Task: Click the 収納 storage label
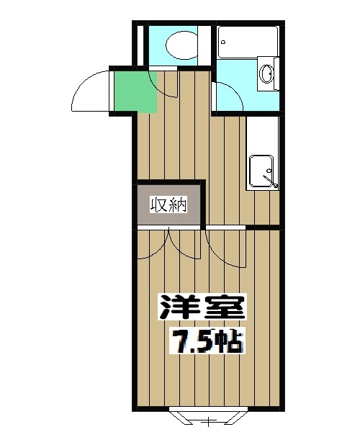[168, 204]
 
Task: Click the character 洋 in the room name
[177, 307]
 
